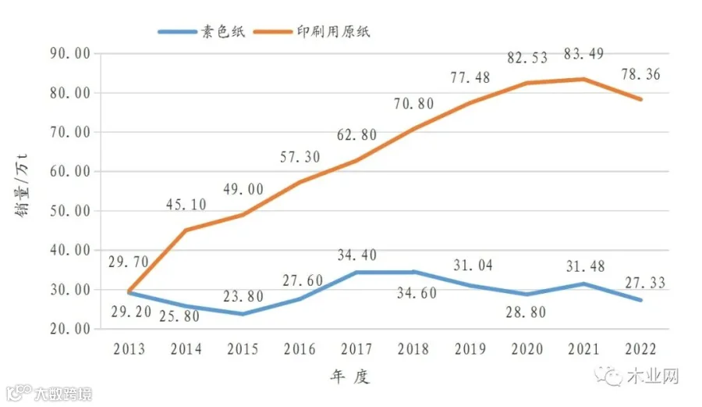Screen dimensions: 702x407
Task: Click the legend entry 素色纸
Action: tap(201, 31)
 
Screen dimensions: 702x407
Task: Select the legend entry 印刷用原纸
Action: tap(311, 31)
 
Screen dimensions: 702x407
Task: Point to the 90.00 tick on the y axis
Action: tap(70, 54)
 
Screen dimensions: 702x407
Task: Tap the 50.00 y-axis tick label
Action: tap(70, 211)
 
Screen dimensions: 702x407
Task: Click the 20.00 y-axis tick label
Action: tap(70, 329)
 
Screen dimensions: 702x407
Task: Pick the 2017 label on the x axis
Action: tap(356, 349)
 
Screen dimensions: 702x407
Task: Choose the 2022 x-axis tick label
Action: tap(640, 349)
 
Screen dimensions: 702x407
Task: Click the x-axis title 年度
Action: tap(350, 377)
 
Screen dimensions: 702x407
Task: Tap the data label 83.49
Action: tap(583, 54)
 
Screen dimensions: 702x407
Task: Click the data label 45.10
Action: tap(186, 205)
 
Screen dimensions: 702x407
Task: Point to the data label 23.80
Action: tap(243, 296)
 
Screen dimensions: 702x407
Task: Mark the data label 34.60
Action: tap(417, 293)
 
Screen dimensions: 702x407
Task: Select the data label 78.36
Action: tap(640, 74)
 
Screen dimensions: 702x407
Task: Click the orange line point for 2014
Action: tap(186, 230)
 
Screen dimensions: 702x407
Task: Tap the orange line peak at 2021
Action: tap(583, 80)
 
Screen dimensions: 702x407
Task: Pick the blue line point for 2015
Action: tap(243, 314)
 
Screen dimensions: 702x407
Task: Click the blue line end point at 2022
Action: tap(640, 300)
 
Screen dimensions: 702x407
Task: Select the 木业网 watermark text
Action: tap(653, 376)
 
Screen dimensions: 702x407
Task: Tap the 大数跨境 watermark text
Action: tap(63, 394)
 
